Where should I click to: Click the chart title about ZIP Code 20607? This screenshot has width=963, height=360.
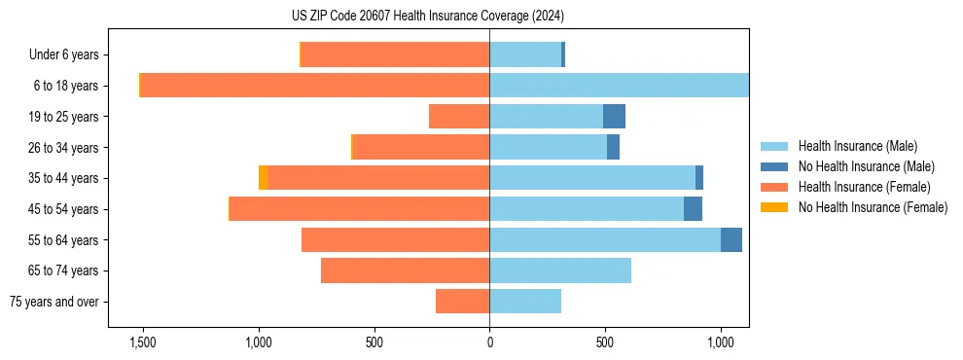[x=427, y=17]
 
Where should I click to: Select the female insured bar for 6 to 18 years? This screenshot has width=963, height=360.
[x=315, y=86]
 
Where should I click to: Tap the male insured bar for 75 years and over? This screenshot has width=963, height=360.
[x=525, y=302]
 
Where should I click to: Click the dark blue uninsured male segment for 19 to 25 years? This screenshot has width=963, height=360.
[x=614, y=117]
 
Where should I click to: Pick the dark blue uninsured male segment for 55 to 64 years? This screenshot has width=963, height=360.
[x=731, y=240]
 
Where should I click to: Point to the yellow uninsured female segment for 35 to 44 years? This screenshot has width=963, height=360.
[x=264, y=178]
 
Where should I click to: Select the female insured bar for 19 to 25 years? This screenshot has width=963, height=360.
[x=459, y=117]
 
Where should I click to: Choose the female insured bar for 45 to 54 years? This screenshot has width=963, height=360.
[x=359, y=209]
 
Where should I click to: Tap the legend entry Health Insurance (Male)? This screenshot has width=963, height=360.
[x=857, y=146]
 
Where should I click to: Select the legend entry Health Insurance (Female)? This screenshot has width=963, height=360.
[x=864, y=187]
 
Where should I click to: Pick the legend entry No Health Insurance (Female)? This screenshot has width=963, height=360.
[x=873, y=207]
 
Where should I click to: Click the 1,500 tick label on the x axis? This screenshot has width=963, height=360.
[x=142, y=343]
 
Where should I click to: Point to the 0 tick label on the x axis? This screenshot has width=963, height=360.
[x=489, y=343]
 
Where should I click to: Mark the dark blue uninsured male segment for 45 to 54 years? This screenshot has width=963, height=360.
[x=693, y=209]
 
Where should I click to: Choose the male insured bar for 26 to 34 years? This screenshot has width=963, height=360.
[x=548, y=148]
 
